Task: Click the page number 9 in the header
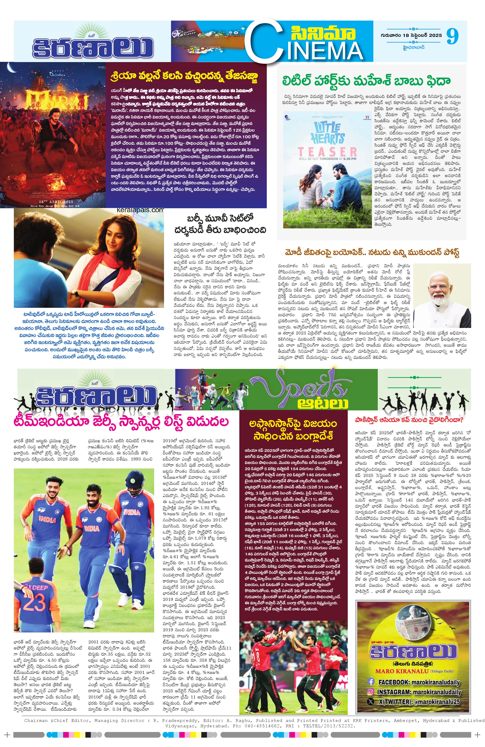point(452,36)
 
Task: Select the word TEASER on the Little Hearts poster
point(327,152)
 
